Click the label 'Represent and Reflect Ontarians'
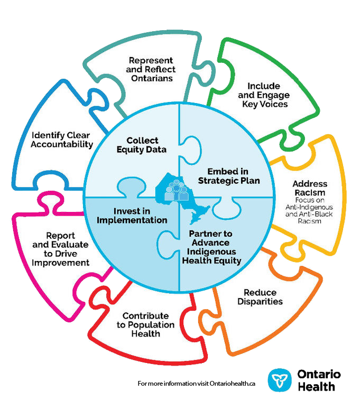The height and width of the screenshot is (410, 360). [x=152, y=69]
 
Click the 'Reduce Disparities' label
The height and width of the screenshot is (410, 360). [x=263, y=297]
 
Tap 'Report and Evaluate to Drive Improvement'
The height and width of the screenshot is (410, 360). [x=60, y=248]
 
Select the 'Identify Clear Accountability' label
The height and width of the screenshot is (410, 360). [x=62, y=139]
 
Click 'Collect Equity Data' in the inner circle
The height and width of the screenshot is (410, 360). [x=142, y=145]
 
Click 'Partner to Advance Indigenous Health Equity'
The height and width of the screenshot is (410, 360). [x=215, y=247]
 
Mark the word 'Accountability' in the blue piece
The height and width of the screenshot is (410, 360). [x=62, y=144]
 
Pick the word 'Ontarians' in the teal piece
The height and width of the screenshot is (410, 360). [x=152, y=78]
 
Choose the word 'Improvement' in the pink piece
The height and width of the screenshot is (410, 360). [x=60, y=262]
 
